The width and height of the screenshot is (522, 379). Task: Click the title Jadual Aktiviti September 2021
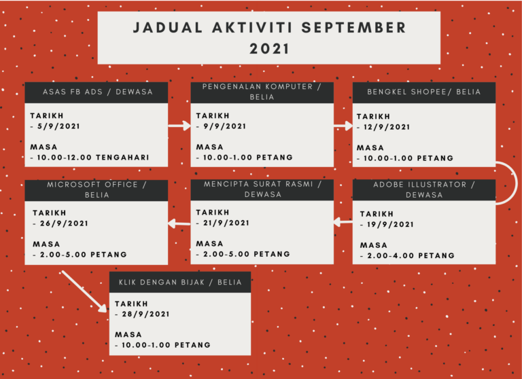pos(269,38)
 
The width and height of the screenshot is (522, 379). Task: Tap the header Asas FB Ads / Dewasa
pos(98,92)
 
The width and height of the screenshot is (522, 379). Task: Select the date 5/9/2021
pos(58,126)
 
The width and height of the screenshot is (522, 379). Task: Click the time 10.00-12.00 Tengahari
pos(93,158)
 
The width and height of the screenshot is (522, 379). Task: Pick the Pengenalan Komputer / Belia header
pos(262,92)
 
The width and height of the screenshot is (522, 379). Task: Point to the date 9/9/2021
pos(225,126)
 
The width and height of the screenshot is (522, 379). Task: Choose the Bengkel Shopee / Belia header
pos(424,92)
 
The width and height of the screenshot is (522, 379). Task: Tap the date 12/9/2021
pos(387,127)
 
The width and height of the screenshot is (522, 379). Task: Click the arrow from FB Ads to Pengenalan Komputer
pos(179,126)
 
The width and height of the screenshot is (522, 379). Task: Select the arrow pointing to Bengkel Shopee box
pos(343,126)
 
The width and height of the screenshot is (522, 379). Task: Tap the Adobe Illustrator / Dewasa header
pos(424,189)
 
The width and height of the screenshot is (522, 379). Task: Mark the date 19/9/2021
pos(390,225)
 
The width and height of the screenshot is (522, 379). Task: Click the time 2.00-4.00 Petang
pos(411,255)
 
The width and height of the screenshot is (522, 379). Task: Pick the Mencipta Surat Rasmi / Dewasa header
pos(262,189)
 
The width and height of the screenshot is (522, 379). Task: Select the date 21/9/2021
pos(226,223)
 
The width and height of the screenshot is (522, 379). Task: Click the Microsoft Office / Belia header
pos(97,189)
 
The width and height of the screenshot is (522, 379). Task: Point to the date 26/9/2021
pos(64,223)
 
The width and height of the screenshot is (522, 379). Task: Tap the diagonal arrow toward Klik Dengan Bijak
pos(84,291)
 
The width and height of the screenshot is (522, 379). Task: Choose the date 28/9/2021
pos(145,314)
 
